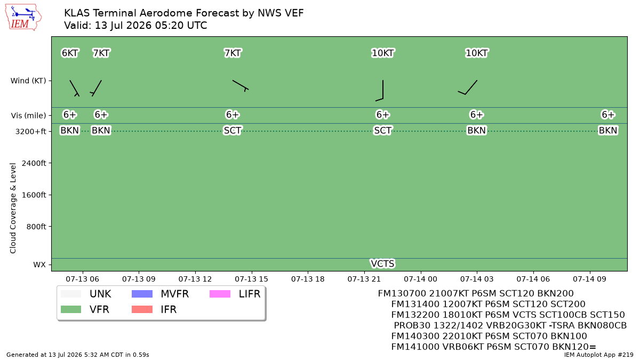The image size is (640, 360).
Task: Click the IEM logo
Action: pos(23,18)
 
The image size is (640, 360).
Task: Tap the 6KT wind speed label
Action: pos(70,53)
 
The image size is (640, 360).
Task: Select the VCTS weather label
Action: pos(382,263)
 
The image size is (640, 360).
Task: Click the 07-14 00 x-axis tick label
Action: pos(420,279)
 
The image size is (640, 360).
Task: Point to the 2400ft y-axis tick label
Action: pos(34,163)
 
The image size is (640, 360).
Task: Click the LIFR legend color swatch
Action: pos(220,294)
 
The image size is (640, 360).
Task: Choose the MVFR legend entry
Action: pos(160,294)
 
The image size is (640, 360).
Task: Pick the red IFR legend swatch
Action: pos(142,309)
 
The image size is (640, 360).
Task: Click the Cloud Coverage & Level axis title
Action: pos(13,208)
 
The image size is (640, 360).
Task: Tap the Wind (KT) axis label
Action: pos(28,81)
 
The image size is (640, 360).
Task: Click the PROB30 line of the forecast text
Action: pos(510,325)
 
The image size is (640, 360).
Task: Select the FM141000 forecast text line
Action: pos(493,347)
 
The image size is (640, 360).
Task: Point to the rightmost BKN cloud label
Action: pos(607,131)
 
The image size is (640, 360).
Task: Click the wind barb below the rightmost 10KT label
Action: pos(468,87)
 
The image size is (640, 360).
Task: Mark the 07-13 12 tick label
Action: pos(195,279)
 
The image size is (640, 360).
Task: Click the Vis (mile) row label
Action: pos(28,115)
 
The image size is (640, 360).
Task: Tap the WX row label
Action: pos(39,265)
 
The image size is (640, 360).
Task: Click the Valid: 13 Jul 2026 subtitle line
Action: pos(135,26)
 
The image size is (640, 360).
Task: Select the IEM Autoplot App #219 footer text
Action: pos(598,355)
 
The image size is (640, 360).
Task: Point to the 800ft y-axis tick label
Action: pos(36,227)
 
